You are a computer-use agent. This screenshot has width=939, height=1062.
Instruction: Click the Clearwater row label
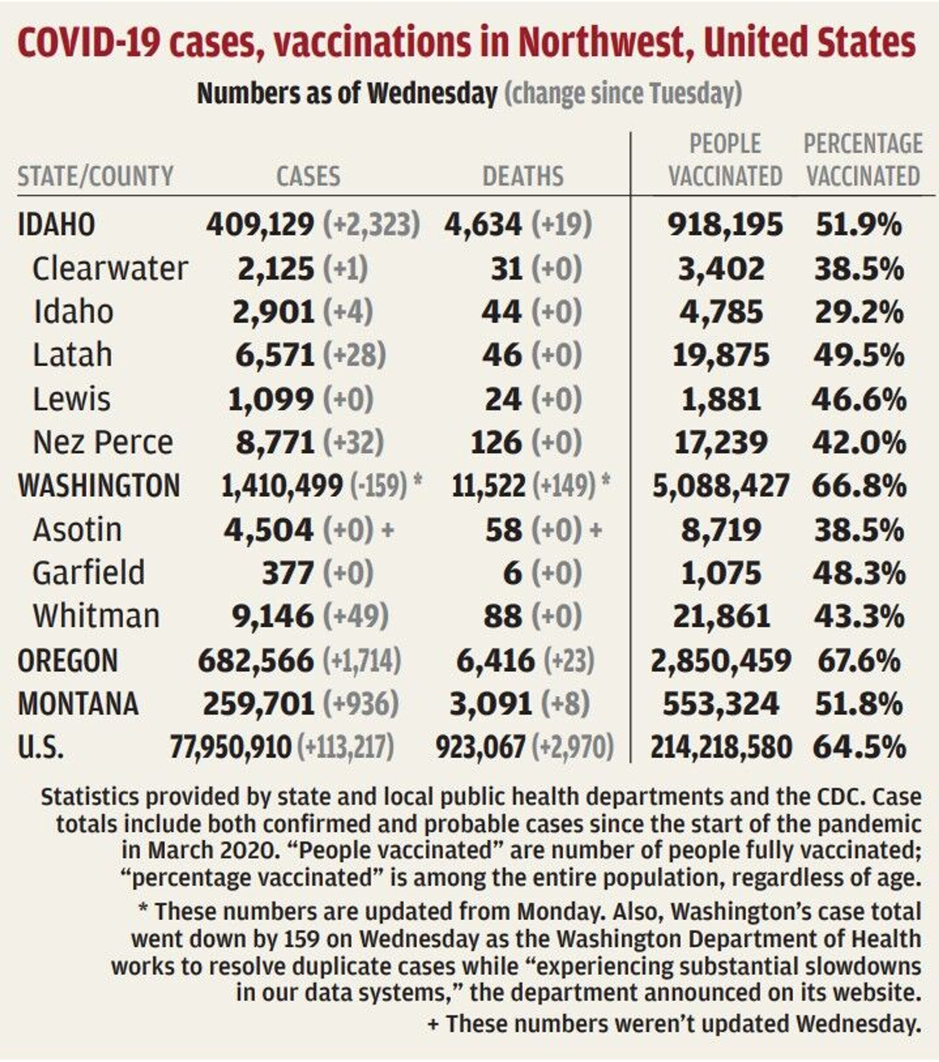click(x=110, y=269)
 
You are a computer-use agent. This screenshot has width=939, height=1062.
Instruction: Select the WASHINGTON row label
click(x=99, y=486)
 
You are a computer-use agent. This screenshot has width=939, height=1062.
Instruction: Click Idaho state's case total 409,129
click(x=260, y=225)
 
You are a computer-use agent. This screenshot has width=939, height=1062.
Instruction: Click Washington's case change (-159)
click(x=379, y=486)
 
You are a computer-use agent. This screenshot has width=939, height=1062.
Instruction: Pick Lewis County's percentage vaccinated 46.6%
click(x=859, y=400)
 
